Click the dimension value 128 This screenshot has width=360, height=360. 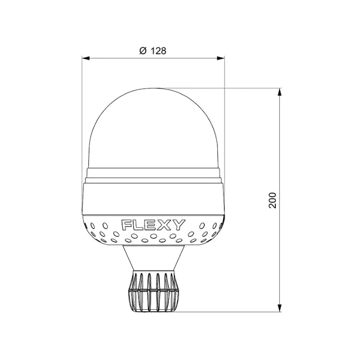(158, 51)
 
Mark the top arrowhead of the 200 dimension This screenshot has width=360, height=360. (280, 92)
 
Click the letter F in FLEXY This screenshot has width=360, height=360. (127, 225)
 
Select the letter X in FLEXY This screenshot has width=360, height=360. (165, 225)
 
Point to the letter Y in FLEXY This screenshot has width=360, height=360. (178, 225)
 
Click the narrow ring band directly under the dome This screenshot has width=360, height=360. (153, 173)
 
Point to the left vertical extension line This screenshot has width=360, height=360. (82, 112)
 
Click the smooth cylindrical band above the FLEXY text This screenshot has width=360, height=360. (153, 198)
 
